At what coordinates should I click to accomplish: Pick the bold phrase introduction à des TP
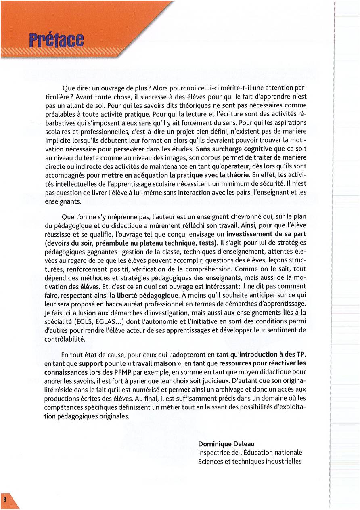(x=272, y=355)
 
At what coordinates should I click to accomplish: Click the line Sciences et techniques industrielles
(x=249, y=461)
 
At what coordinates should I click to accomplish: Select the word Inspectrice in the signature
(x=213, y=453)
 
